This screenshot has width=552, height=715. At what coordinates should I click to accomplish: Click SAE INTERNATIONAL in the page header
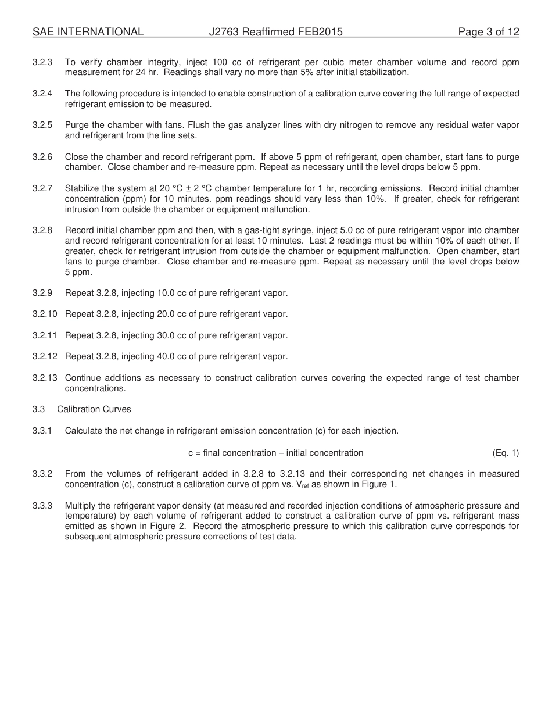coord(88,32)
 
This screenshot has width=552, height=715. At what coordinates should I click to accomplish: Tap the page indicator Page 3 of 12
coord(489,32)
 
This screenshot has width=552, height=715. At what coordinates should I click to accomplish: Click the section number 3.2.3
coord(42,62)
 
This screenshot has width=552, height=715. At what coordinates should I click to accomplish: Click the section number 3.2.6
coord(42,158)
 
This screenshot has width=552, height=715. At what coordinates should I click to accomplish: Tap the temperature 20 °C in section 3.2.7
coord(162,189)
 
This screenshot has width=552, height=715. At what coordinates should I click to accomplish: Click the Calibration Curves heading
coord(94,409)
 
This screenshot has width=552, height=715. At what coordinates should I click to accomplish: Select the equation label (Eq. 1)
coord(506,453)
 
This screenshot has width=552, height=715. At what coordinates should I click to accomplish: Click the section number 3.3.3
coord(42,506)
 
